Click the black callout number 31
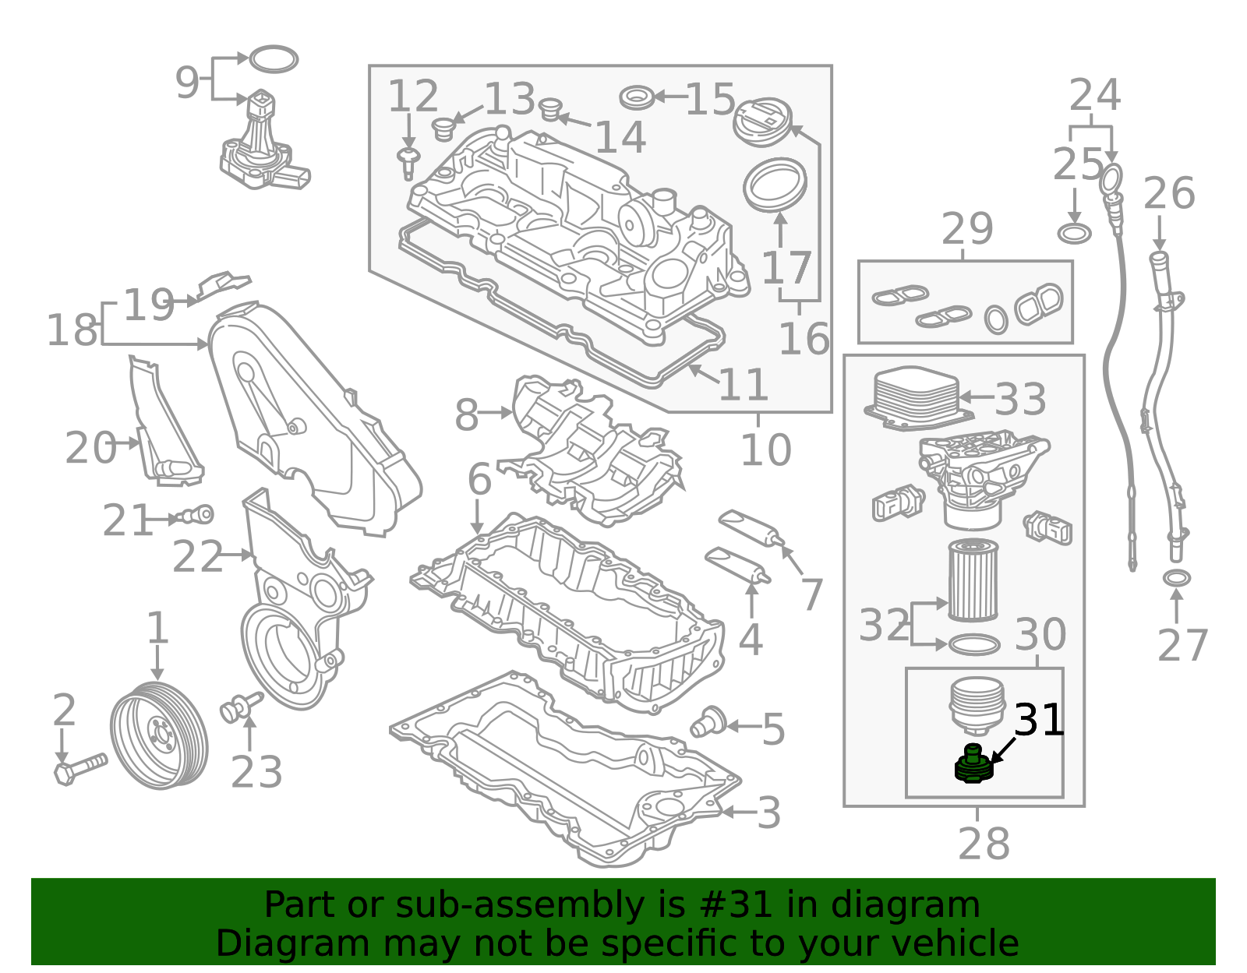(1039, 720)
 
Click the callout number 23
(256, 772)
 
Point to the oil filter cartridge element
(973, 580)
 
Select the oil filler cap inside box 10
(767, 122)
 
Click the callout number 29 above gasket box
(967, 229)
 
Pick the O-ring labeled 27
(1176, 578)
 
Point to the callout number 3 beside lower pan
(768, 813)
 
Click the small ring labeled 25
(1074, 232)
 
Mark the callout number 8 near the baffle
(466, 414)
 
